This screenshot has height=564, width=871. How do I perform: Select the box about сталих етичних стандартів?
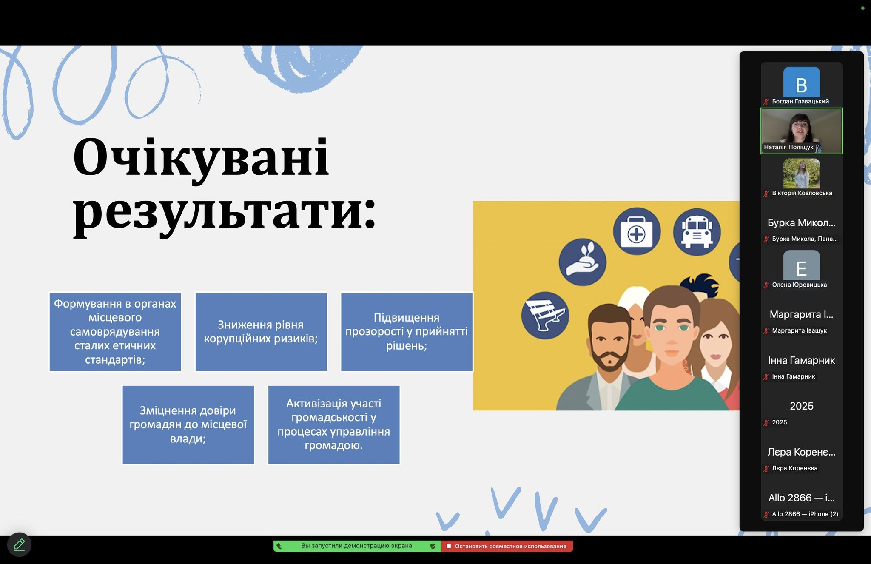click(x=115, y=332)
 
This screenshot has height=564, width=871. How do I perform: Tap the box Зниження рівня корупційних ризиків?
click(x=261, y=332)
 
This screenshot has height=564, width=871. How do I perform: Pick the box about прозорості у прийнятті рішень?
click(x=407, y=332)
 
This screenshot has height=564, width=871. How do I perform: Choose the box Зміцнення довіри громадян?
click(x=188, y=424)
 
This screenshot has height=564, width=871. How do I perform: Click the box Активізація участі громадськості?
click(x=334, y=424)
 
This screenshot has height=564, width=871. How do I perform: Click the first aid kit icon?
click(x=637, y=232)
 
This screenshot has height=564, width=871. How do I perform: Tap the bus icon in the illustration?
click(x=697, y=232)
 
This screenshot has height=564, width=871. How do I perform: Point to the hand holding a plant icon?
click(x=583, y=262)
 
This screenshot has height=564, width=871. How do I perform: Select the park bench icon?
click(x=545, y=315)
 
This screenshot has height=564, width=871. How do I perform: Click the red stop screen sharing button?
click(x=507, y=546)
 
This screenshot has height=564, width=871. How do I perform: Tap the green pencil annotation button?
click(x=19, y=544)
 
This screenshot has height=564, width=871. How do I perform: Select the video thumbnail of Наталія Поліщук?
click(x=801, y=131)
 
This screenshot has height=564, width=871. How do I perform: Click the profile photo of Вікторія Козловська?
click(x=801, y=174)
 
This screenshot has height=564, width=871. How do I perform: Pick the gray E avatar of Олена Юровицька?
click(x=801, y=265)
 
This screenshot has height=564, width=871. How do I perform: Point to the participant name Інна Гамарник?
click(x=801, y=360)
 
